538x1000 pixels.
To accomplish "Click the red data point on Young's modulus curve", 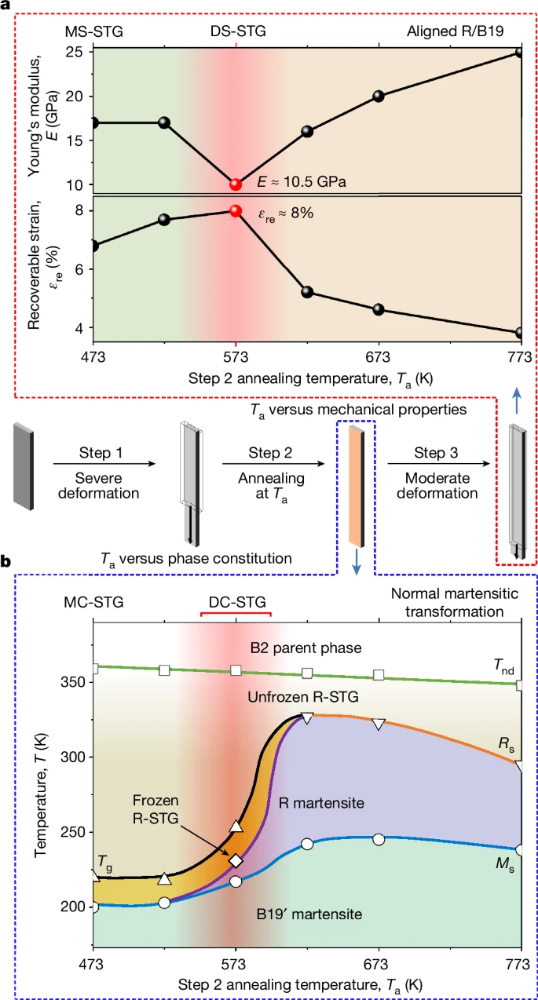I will point(236,184).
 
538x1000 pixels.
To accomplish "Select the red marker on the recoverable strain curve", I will point(236,211).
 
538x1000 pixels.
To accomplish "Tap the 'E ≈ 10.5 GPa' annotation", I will point(302,181).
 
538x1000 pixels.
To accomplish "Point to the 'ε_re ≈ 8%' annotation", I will point(287,213).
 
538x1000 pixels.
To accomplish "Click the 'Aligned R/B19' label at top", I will point(467,31).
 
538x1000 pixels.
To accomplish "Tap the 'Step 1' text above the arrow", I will point(105,453).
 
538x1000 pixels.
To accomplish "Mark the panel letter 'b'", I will point(6,562).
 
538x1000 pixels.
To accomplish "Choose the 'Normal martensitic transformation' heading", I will point(447,600).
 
